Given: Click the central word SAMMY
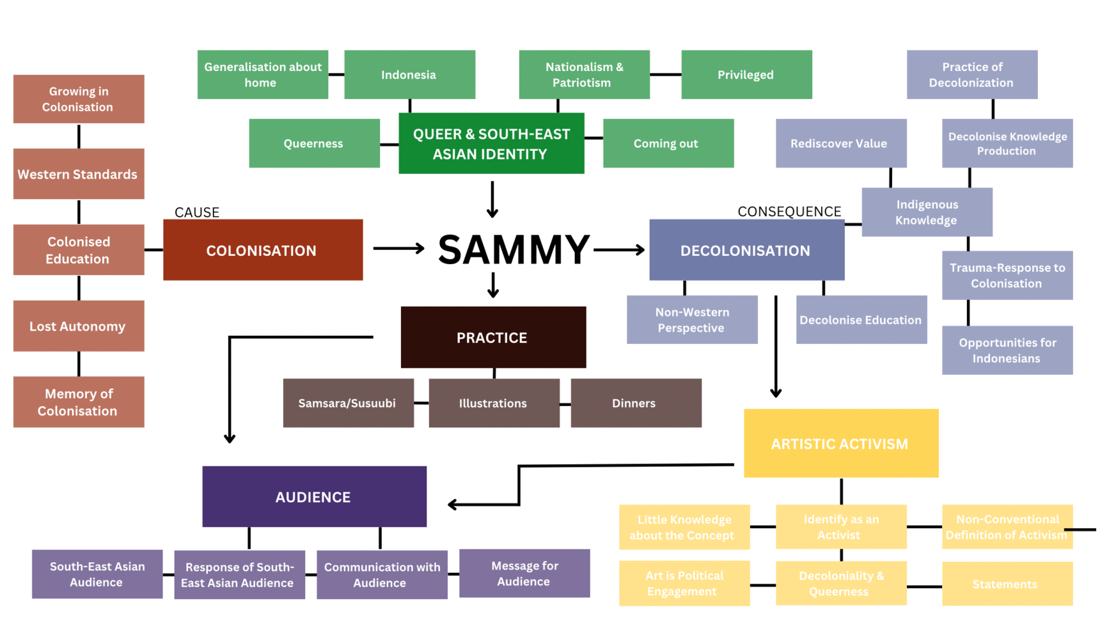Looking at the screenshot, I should (514, 249).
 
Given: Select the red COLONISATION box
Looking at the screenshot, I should (263, 250).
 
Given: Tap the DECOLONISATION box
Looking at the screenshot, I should (746, 250).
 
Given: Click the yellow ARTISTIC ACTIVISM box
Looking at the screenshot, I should (840, 443).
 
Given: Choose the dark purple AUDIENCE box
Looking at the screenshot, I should (314, 496).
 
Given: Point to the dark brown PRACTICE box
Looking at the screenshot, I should (493, 337).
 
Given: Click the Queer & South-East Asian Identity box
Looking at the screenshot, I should (491, 143).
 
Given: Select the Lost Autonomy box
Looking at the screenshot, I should (79, 326).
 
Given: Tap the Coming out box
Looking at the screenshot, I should (668, 143).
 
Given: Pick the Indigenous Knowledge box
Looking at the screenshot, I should (927, 212).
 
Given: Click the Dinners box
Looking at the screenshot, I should (636, 403).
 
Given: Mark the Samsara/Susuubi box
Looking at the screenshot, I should (348, 403).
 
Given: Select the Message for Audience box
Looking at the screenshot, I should (524, 573).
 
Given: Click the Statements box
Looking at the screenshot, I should (1007, 584).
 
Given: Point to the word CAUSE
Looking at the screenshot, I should (197, 212).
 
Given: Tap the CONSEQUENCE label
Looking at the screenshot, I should (789, 212).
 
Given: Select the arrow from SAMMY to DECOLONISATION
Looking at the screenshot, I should (619, 249).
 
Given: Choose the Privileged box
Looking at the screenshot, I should (746, 75).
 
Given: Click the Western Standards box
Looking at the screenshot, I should (79, 174).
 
